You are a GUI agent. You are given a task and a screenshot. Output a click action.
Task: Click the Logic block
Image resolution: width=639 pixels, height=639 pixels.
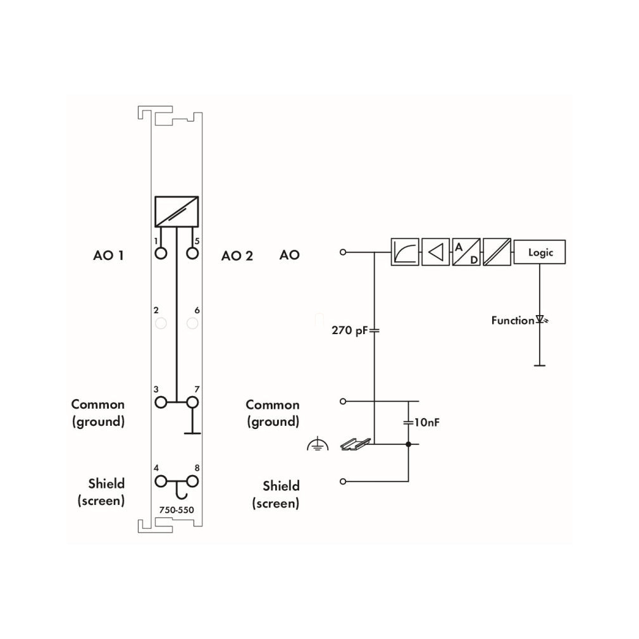[539, 252]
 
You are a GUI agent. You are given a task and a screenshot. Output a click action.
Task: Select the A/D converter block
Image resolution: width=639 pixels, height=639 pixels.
[466, 252]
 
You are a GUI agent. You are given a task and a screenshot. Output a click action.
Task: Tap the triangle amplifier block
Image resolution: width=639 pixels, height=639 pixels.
[435, 252]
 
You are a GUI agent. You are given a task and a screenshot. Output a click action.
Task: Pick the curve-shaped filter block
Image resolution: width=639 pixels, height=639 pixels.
[405, 252]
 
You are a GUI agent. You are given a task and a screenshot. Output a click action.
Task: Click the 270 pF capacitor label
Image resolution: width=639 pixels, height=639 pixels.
[350, 330]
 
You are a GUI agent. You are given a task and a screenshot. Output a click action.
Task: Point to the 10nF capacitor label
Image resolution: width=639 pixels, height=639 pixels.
[426, 422]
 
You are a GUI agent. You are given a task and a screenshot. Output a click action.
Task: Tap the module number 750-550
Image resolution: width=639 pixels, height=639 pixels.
[177, 510]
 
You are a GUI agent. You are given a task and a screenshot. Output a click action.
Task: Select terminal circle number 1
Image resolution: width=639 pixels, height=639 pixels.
[161, 254]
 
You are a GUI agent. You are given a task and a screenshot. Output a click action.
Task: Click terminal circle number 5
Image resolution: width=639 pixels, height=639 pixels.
[192, 254]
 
